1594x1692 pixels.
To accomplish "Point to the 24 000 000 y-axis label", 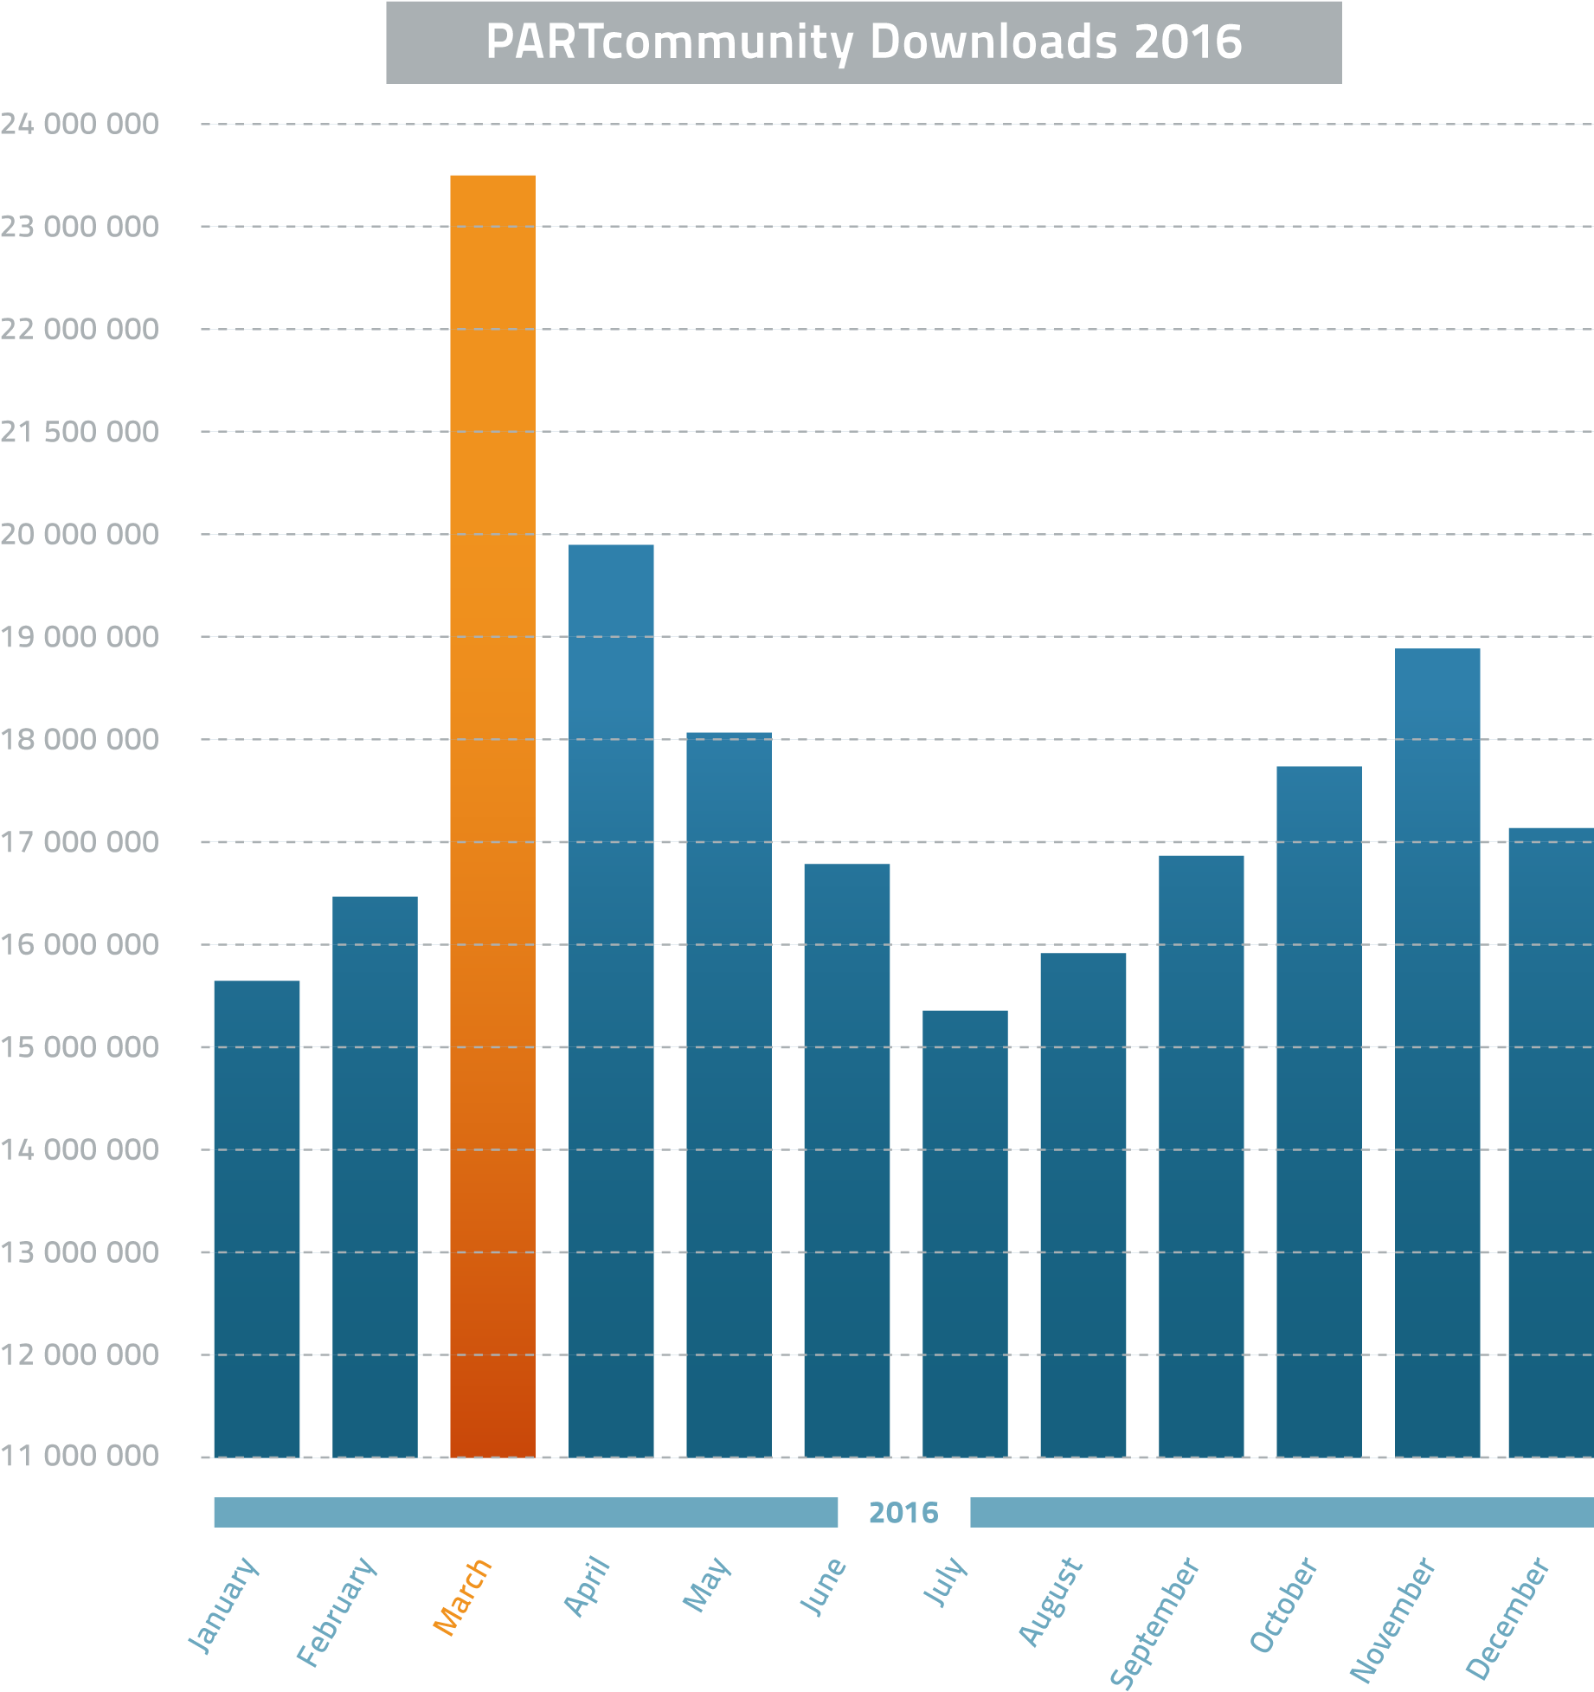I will [80, 125].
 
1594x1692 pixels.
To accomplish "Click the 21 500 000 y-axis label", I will [80, 432].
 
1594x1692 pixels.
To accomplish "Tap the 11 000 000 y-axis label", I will [80, 1456].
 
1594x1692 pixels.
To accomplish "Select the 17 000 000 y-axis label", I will [80, 842].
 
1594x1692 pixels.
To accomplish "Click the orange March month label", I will [462, 1597].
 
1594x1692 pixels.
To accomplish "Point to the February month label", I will [337, 1611].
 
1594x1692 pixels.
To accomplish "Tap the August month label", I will [1051, 1601].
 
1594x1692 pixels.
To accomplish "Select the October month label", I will [1283, 1604].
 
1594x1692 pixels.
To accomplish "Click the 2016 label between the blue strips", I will [903, 1512].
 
